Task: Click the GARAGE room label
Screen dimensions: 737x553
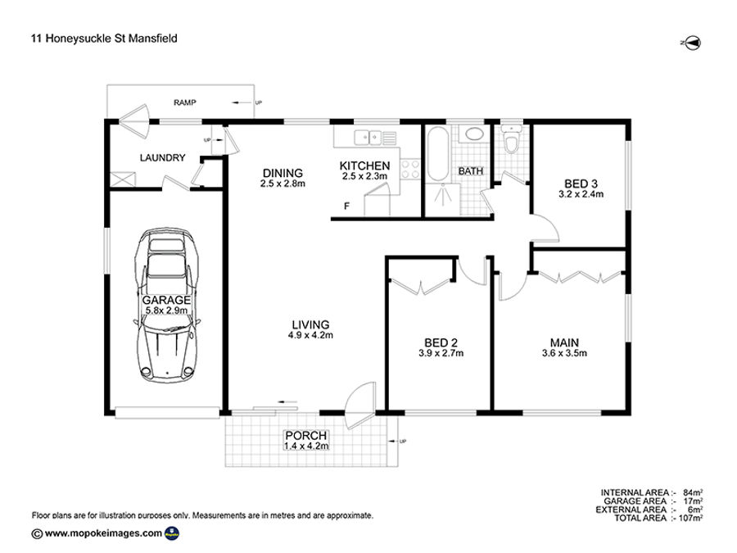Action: tap(167, 300)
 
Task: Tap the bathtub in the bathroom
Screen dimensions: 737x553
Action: tap(438, 154)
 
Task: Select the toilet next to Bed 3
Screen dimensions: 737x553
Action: tap(511, 139)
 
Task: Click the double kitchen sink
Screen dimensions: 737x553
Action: tap(368, 138)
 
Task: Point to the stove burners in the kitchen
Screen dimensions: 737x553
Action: tap(410, 170)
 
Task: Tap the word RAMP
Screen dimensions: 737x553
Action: tap(185, 102)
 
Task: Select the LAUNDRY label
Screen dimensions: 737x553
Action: tap(163, 157)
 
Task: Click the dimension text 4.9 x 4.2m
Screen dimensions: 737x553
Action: tap(310, 335)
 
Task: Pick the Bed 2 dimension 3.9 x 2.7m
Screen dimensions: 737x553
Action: tap(441, 353)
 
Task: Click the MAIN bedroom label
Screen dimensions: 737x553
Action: tap(564, 342)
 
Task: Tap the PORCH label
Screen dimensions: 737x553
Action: tap(306, 436)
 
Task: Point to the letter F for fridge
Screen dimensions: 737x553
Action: tap(347, 206)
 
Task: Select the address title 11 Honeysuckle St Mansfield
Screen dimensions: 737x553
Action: tap(104, 39)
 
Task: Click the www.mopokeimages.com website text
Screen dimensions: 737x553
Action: tap(103, 533)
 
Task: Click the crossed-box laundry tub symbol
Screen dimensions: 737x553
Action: tap(123, 179)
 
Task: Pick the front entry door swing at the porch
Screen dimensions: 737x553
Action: tap(360, 406)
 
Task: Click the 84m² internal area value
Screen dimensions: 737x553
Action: tap(693, 493)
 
